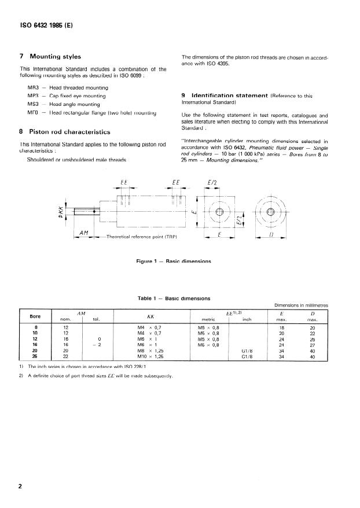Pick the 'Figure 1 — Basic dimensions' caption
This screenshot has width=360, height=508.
point(173,262)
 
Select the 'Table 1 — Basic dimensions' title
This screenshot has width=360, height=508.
point(174,299)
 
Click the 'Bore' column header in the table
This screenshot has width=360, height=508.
point(35,316)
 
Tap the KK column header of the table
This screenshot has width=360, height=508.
point(150,317)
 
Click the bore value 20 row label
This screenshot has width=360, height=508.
point(35,351)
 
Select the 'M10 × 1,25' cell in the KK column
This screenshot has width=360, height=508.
point(148,356)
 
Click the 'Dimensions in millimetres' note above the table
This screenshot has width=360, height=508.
point(300,305)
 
